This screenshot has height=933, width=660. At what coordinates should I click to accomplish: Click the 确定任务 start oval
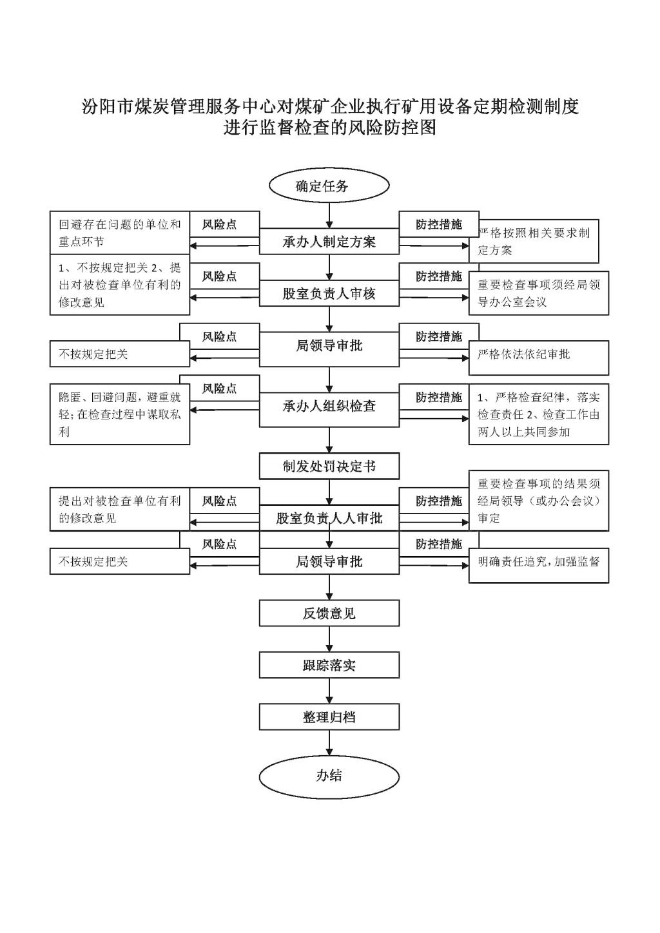[329, 186]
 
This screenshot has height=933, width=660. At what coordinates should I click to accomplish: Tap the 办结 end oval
[329, 776]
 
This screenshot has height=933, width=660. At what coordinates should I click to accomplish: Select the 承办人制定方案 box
[329, 242]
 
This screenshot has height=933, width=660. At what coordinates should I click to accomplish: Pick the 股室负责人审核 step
[329, 294]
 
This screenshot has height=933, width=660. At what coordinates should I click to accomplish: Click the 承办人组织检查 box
[329, 406]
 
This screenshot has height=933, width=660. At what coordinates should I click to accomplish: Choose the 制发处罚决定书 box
[329, 466]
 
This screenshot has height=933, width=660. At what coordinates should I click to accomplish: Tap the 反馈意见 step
[329, 613]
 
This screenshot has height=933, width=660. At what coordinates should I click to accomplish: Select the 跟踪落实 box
[329, 665]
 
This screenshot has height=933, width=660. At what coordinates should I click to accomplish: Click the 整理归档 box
[329, 717]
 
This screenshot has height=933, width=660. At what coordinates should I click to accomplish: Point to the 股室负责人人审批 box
[329, 518]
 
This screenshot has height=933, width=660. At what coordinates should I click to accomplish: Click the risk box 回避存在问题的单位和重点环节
[120, 233]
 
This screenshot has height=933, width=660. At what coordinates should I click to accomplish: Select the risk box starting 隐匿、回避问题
[120, 414]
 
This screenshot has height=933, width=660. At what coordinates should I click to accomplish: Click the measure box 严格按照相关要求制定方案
[539, 242]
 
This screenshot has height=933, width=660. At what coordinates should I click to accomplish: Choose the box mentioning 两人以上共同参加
[539, 414]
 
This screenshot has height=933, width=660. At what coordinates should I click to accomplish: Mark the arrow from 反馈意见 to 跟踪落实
[329, 639]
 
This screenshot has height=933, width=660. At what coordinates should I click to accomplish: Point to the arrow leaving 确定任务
[329, 213]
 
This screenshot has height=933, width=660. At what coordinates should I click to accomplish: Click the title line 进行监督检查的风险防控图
[330, 128]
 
